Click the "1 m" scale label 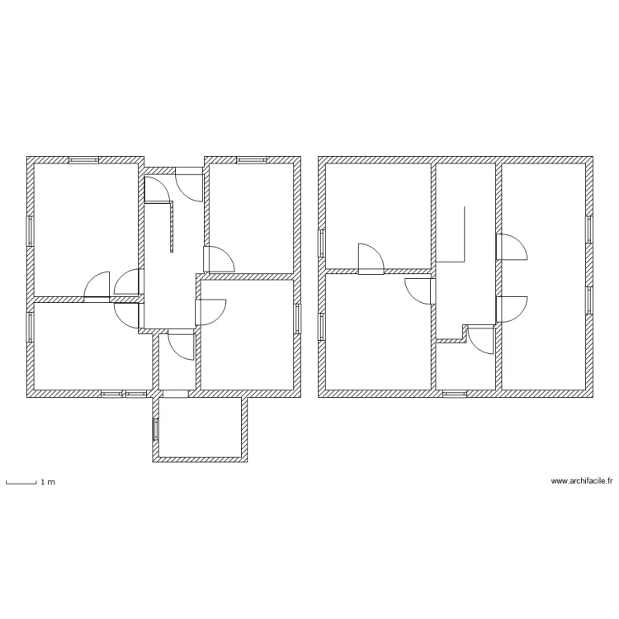48,481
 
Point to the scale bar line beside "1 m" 21,481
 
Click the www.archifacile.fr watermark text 582,481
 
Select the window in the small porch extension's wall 155,429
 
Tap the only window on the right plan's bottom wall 454,395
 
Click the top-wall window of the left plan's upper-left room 84,159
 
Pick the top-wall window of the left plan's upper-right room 252,159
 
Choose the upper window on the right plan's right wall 589,229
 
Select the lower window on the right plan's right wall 589,300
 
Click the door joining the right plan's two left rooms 371,259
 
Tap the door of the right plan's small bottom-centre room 480,338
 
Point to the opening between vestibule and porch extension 175,395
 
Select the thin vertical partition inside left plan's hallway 171,227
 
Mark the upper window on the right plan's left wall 322,243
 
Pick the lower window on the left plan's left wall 31,324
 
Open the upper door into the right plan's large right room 510,248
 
